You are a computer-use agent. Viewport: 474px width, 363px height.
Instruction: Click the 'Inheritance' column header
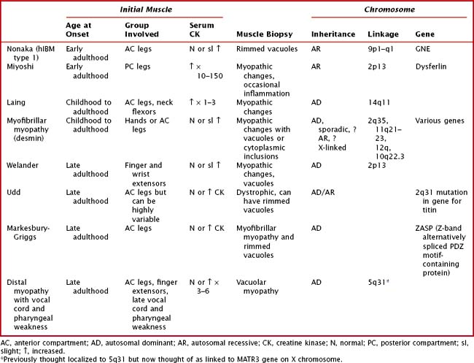click(333, 34)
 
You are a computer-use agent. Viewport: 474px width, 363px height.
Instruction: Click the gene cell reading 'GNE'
click(424, 49)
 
